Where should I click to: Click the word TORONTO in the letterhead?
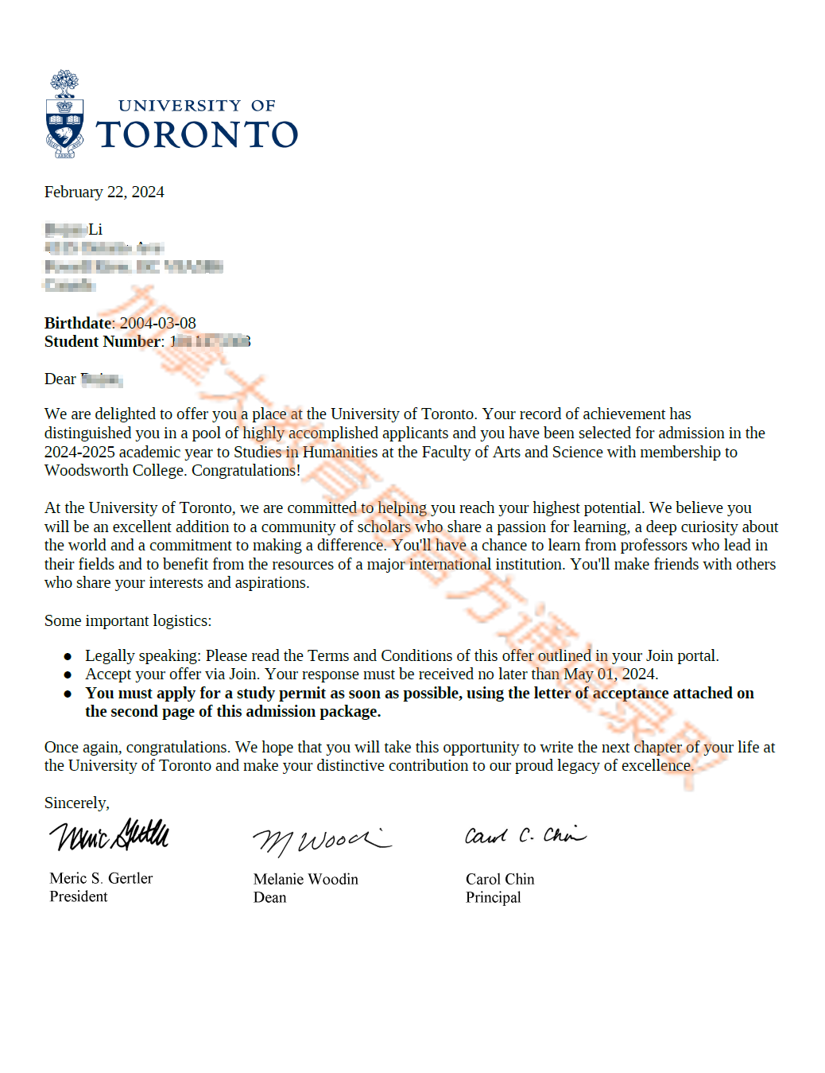click(x=197, y=135)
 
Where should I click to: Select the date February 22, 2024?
click(x=104, y=192)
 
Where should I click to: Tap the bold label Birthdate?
click(x=78, y=323)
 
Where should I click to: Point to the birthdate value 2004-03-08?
click(x=157, y=323)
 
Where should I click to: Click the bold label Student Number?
click(x=103, y=342)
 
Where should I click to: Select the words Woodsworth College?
click(x=115, y=471)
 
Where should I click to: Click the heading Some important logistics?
click(x=128, y=621)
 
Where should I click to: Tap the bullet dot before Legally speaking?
click(x=68, y=656)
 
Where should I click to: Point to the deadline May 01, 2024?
click(x=610, y=675)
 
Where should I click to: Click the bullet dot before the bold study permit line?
click(x=68, y=694)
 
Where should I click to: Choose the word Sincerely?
click(x=77, y=803)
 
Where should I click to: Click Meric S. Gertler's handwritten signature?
click(x=109, y=836)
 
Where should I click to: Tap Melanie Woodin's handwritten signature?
click(x=321, y=840)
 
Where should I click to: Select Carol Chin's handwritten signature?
click(x=525, y=835)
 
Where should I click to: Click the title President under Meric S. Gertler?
click(x=79, y=897)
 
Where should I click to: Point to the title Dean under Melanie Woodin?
click(x=270, y=898)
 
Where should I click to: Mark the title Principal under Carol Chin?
click(x=494, y=898)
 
